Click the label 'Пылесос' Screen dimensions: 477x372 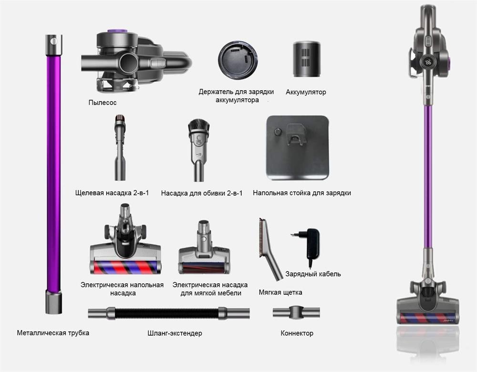[102, 103]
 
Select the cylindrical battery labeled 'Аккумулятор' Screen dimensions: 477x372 [307, 59]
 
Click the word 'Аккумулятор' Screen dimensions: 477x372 [306, 92]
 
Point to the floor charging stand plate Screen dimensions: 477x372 [297, 147]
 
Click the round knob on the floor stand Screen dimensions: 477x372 [278, 132]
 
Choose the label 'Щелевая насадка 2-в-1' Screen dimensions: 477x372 [112, 193]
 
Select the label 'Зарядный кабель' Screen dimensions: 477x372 [313, 274]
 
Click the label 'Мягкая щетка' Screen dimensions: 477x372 [280, 292]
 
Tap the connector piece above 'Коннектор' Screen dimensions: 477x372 [296, 312]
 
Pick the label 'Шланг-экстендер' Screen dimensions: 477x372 [175, 333]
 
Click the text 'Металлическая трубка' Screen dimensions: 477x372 [53, 333]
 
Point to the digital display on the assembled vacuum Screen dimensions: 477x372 [428, 62]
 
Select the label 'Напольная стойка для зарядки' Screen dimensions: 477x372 [302, 193]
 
